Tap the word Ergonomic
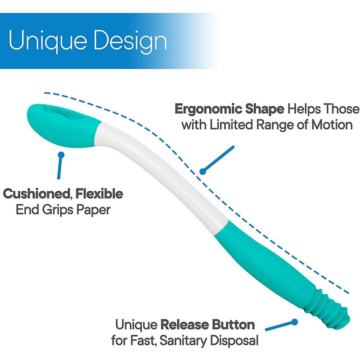(208, 109)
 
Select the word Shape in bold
(265, 109)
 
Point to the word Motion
(332, 125)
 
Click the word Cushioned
(37, 194)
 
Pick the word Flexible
(99, 193)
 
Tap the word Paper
(93, 210)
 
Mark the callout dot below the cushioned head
(61, 155)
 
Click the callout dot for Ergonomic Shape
(202, 171)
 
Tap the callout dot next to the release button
(295, 322)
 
